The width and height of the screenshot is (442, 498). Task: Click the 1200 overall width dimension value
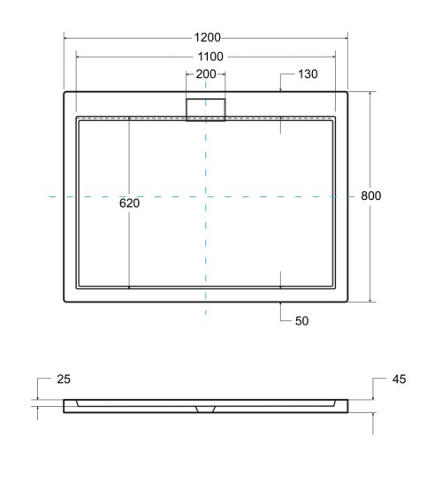coord(207,38)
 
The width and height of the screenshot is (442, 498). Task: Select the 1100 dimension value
coord(207,57)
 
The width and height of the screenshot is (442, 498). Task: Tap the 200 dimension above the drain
coord(206,74)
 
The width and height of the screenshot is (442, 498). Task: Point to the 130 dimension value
coord(308,74)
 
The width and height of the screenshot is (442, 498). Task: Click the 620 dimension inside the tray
coord(130,203)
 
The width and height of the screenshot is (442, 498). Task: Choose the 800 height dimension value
coord(371,195)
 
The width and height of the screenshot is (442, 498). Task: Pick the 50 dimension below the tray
coord(302,322)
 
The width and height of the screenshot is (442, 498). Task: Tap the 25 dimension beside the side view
coord(64,379)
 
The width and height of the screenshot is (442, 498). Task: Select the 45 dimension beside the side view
coord(398,379)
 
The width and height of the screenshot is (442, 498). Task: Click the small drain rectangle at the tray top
coord(206,109)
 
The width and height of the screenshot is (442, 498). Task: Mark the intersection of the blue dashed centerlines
coord(206,195)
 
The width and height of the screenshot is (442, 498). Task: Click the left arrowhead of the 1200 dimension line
coord(66,38)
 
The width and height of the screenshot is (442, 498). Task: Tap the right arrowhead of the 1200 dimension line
coord(347,38)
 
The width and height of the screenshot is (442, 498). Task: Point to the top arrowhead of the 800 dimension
coord(370,93)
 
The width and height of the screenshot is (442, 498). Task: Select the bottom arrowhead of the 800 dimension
coord(370,300)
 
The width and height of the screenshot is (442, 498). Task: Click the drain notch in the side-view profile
coord(206,409)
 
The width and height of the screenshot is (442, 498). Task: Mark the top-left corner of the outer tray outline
coord(65,91)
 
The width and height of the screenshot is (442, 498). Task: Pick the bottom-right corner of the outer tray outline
coord(347,302)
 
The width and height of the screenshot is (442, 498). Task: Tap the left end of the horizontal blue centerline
coord(50,195)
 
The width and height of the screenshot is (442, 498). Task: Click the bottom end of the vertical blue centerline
coord(206,315)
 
